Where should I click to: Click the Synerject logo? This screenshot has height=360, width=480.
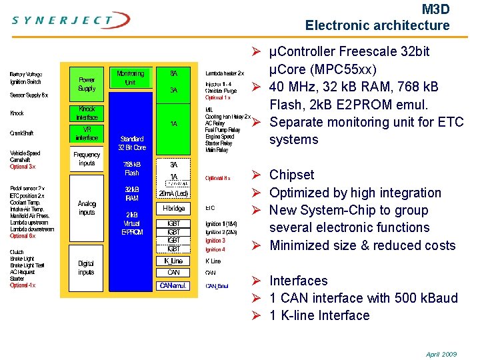coord(63,20)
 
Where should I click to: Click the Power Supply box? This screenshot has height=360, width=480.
coord(87,83)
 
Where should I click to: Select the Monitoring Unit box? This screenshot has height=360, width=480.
coord(130,78)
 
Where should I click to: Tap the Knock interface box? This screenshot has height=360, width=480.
coord(87,113)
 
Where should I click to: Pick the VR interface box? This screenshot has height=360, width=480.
coord(87,133)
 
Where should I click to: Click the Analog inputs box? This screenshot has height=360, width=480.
coord(87,208)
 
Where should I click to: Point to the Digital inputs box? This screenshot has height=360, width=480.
coord(87,267)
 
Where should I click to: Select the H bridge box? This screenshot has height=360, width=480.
coord(173,208)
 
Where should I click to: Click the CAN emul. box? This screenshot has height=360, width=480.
coord(173,285)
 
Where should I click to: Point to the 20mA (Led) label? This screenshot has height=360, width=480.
coord(173,193)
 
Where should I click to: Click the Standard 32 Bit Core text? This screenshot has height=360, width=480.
coord(131,143)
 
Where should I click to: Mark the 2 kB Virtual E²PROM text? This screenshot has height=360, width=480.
coord(131,223)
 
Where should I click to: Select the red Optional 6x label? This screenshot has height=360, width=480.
coord(23,236)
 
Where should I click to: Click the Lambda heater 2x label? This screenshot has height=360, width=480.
coord(225,73)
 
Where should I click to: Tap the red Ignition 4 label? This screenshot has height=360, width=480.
coord(215,249)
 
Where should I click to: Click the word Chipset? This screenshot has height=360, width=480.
coord(291,175)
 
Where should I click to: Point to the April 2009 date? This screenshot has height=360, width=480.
coord(441,354)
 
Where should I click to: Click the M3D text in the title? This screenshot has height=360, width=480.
coord(436,9)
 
